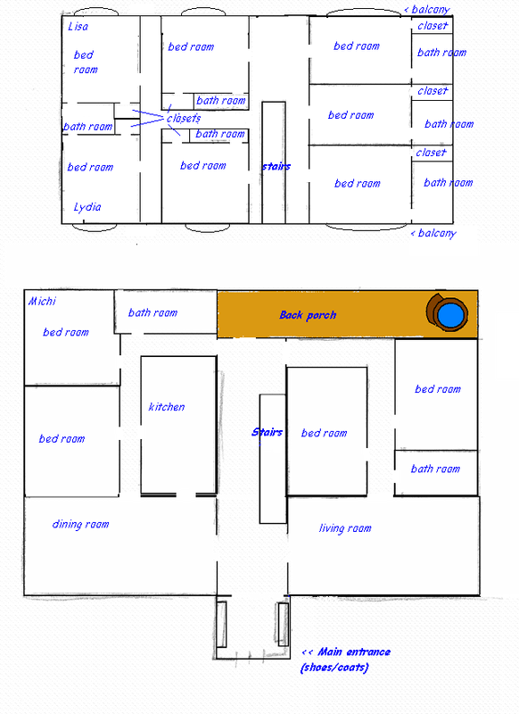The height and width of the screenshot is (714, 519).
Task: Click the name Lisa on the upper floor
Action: point(78,27)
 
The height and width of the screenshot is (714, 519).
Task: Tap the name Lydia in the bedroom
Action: point(87,207)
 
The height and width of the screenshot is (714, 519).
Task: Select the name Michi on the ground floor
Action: point(42,301)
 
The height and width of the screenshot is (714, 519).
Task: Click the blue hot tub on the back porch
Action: point(450,314)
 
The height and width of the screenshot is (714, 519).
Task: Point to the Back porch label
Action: point(308,315)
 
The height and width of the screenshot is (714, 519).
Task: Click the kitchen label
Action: point(167,407)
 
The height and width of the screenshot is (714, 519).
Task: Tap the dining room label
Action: point(80,524)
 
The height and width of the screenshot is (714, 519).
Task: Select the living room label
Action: point(345,528)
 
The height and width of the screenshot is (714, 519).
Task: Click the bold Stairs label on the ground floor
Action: point(267,432)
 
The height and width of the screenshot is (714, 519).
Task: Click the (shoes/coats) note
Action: point(334,668)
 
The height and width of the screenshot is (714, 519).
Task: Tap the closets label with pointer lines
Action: point(184,119)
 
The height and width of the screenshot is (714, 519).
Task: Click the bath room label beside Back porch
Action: point(152,312)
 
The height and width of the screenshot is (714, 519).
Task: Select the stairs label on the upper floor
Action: point(276,166)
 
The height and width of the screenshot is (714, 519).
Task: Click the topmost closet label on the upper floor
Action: point(432,26)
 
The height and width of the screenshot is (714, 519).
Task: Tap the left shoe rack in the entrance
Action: point(221,624)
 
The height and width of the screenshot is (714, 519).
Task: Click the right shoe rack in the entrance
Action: point(283,624)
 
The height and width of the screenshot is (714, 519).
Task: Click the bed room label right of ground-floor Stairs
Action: point(324,433)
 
